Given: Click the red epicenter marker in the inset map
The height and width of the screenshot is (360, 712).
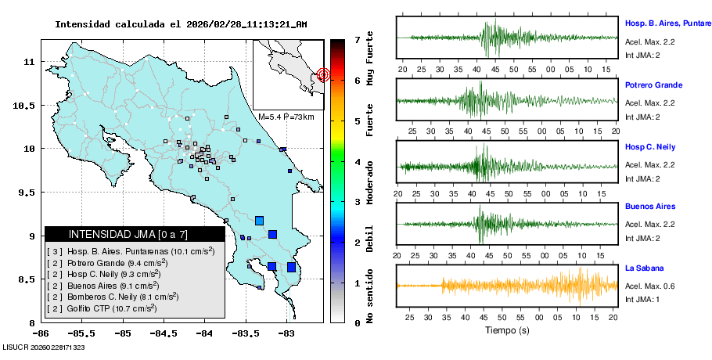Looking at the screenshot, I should point(324,74).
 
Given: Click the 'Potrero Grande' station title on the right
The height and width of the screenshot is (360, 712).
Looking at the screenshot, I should point(653,85).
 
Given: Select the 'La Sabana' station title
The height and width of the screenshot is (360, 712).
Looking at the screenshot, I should point(644,268).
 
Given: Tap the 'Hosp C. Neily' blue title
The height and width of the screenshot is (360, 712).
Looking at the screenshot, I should point(651,147).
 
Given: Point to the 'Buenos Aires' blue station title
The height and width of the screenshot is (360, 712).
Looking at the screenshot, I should point(649,207).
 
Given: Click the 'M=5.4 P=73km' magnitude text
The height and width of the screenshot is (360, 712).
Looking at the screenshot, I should point(286,117).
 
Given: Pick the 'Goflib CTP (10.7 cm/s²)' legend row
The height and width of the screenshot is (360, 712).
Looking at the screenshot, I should point(102,308).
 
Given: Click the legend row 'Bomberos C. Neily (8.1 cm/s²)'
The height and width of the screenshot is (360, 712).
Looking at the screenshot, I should point(113,297).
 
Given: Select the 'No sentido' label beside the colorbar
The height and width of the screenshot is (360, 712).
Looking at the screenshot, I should point(369,298).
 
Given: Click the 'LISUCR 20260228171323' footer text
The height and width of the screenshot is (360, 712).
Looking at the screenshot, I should point(44,346).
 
